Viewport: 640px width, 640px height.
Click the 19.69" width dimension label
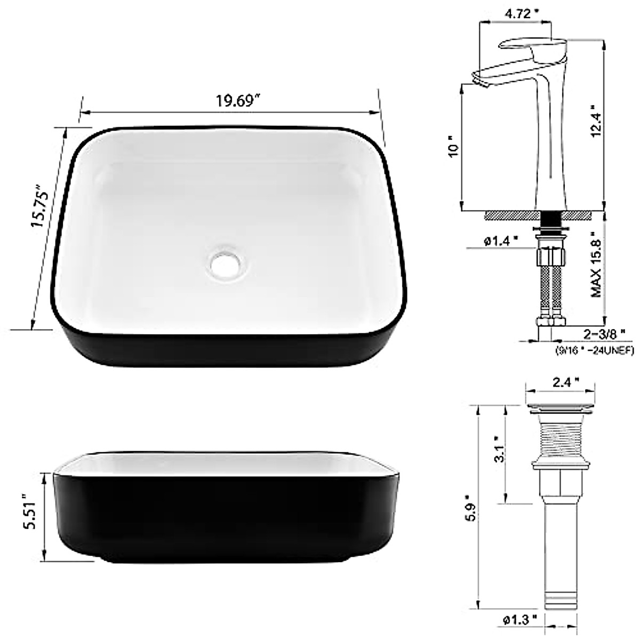[x=238, y=101]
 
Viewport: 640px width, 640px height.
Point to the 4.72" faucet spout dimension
[x=522, y=14]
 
